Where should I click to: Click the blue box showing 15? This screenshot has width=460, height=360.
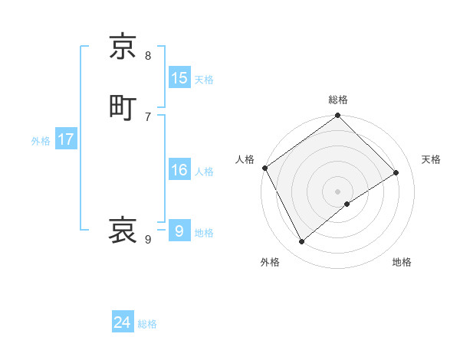click(x=179, y=78)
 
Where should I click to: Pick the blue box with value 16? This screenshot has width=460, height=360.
click(x=179, y=171)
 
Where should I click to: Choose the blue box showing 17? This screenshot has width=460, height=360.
click(x=65, y=140)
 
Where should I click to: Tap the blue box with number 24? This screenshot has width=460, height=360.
click(x=123, y=323)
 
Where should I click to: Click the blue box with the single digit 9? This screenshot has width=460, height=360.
click(x=179, y=231)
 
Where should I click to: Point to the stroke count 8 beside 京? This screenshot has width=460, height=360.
click(x=148, y=55)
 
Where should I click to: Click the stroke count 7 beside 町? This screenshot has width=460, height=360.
click(x=148, y=116)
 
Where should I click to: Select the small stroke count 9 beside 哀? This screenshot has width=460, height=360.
click(x=148, y=240)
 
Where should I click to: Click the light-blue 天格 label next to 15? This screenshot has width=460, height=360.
click(x=204, y=79)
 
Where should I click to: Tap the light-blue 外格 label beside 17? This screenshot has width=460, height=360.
click(x=41, y=141)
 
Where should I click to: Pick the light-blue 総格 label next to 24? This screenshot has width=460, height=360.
click(x=147, y=324)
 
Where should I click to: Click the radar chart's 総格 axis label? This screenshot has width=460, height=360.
click(x=338, y=100)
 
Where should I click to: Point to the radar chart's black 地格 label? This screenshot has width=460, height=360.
click(x=402, y=263)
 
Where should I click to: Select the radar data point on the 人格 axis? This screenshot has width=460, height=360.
click(x=264, y=168)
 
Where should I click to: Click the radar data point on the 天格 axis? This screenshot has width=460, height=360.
click(x=396, y=172)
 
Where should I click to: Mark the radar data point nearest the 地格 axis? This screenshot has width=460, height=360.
click(x=347, y=204)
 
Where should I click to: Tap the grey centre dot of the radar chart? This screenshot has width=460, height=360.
click(x=338, y=191)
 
